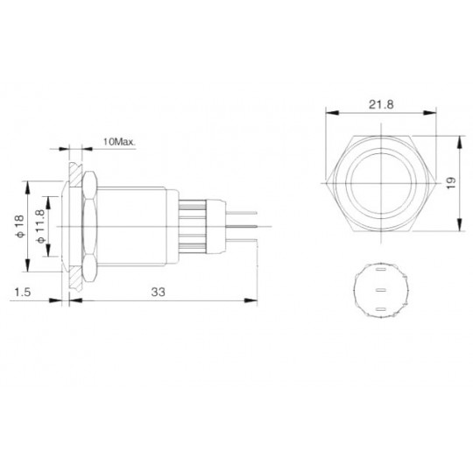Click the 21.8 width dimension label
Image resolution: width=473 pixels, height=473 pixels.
click(x=381, y=105)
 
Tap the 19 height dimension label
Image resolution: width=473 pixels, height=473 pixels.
click(x=451, y=183)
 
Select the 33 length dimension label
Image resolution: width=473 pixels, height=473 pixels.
click(x=159, y=292)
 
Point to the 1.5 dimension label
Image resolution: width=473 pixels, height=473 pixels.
click(x=23, y=292)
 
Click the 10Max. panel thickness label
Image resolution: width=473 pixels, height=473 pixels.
click(x=119, y=142)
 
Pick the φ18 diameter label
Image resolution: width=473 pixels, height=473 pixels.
click(x=19, y=226)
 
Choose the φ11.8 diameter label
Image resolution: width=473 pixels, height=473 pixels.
click(x=40, y=226)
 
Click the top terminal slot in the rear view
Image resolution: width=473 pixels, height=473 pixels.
click(x=381, y=269)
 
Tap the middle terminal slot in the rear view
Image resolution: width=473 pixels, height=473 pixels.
click(x=381, y=291)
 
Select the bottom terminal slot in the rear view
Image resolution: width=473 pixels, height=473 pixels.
click(x=381, y=309)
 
